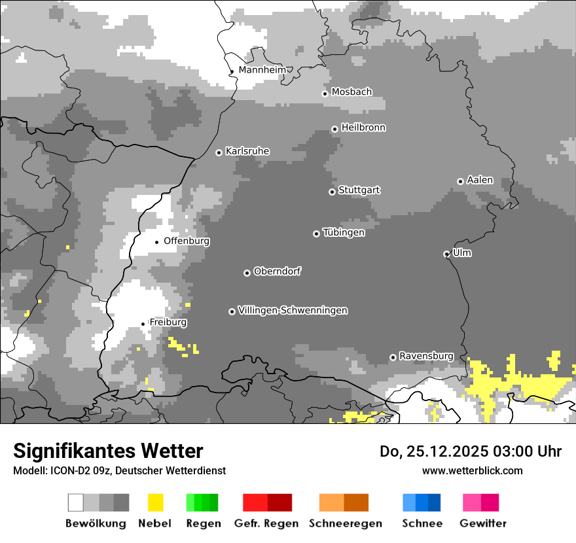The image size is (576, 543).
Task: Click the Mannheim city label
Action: (262, 69)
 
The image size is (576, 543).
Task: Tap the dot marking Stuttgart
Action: (332, 192)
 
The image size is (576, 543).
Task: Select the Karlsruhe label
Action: (247, 151)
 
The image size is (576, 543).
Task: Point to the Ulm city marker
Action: (446, 254)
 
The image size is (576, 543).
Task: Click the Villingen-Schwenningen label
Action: (293, 310)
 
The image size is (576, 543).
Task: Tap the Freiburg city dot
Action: (143, 324)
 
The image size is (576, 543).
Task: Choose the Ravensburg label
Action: (426, 356)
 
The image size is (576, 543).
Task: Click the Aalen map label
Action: (480, 180)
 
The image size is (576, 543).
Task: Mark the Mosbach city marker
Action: (325, 94)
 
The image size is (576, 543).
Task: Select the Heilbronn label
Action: (363, 128)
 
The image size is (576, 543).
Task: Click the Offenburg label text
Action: (187, 241)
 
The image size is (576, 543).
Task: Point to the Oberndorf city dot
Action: (247, 273)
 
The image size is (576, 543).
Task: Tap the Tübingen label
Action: (344, 232)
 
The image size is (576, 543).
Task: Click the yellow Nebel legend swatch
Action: (155, 502)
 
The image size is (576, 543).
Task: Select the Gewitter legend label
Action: (483, 523)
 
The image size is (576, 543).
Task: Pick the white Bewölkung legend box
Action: (76, 502)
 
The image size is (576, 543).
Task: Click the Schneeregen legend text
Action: (346, 523)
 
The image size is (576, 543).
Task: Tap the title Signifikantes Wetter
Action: (108, 451)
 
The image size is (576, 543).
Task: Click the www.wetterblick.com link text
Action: (472, 470)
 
